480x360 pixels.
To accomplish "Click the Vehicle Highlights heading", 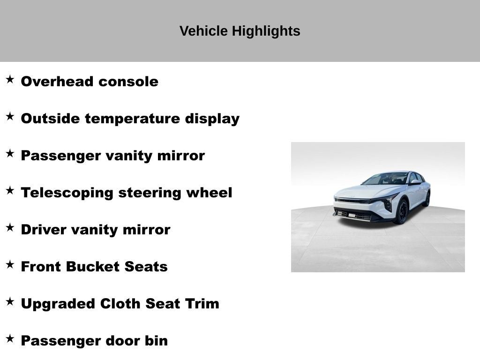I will pos(240,31).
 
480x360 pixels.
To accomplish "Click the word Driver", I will pos(44,230).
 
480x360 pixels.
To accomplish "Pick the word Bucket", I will pos(93,267).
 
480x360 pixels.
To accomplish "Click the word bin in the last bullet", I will pos(156,341).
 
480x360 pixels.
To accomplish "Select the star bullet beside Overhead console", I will pos(10,80).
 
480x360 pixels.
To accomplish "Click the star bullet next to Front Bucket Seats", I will pos(10,265).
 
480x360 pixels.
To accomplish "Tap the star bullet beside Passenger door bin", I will pos(10,339).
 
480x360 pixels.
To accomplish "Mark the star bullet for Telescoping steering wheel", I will pos(10,191).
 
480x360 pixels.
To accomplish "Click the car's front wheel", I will pos(402,211).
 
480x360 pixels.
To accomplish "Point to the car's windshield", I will pos(387,179).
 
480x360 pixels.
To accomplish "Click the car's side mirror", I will pos(415,182).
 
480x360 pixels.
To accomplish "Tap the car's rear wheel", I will pos(427,199).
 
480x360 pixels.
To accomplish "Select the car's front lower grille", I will pos(354,215).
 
